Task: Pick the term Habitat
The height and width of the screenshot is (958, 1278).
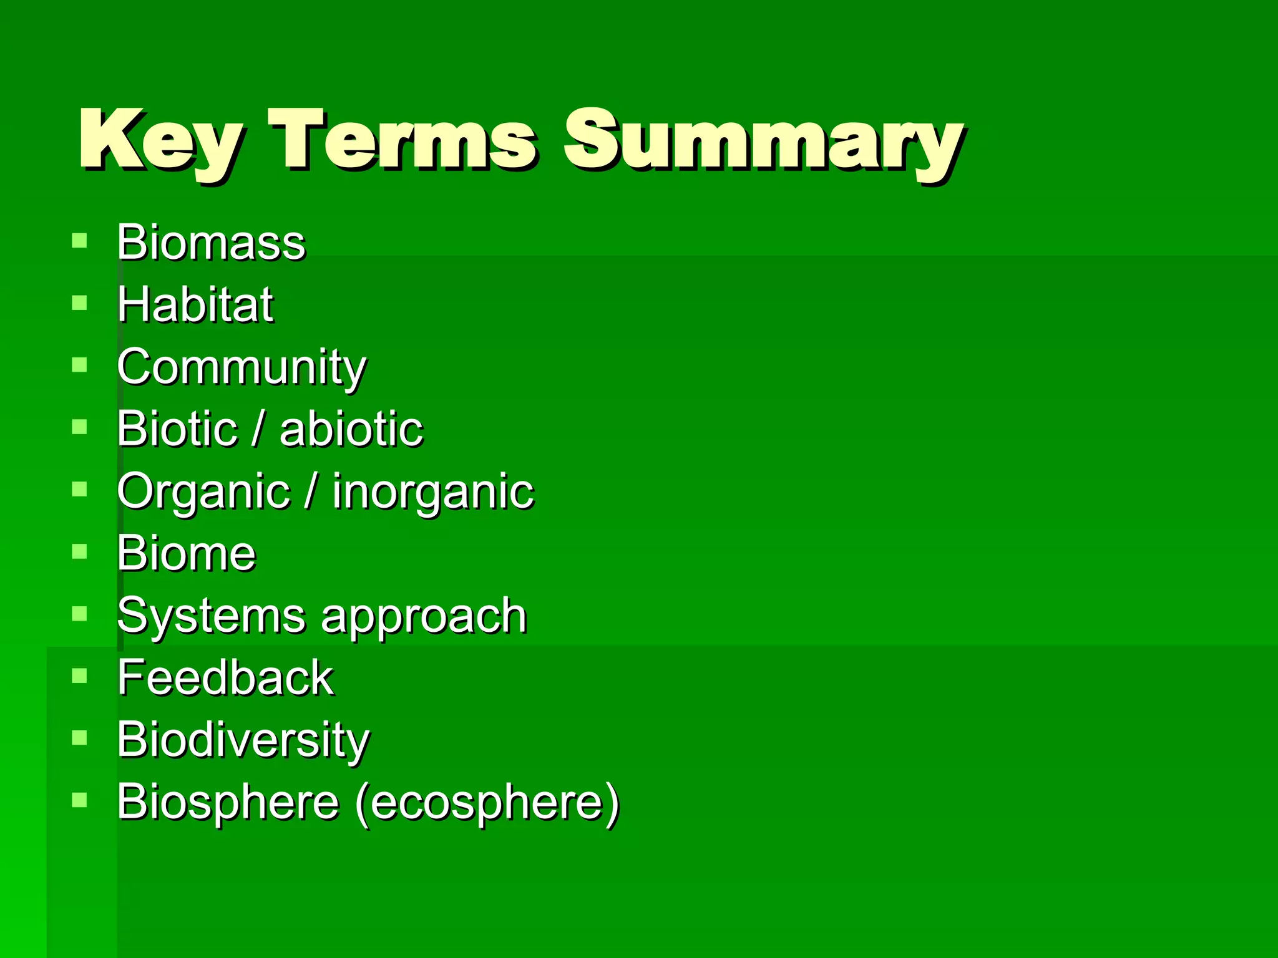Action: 195,304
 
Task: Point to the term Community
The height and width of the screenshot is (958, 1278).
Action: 241,368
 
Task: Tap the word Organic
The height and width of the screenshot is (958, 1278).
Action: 203,493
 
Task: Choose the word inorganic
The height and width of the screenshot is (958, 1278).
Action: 433,493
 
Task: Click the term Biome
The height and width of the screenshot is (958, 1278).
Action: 186,553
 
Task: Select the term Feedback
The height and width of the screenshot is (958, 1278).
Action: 225,677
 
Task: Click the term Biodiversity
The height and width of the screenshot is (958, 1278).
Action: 243,740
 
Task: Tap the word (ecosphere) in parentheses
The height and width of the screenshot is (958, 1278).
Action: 487,803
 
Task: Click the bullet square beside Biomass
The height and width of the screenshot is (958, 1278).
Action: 79,241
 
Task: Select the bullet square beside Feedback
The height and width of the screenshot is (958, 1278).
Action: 79,676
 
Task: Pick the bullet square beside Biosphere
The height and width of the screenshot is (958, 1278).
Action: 79,800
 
